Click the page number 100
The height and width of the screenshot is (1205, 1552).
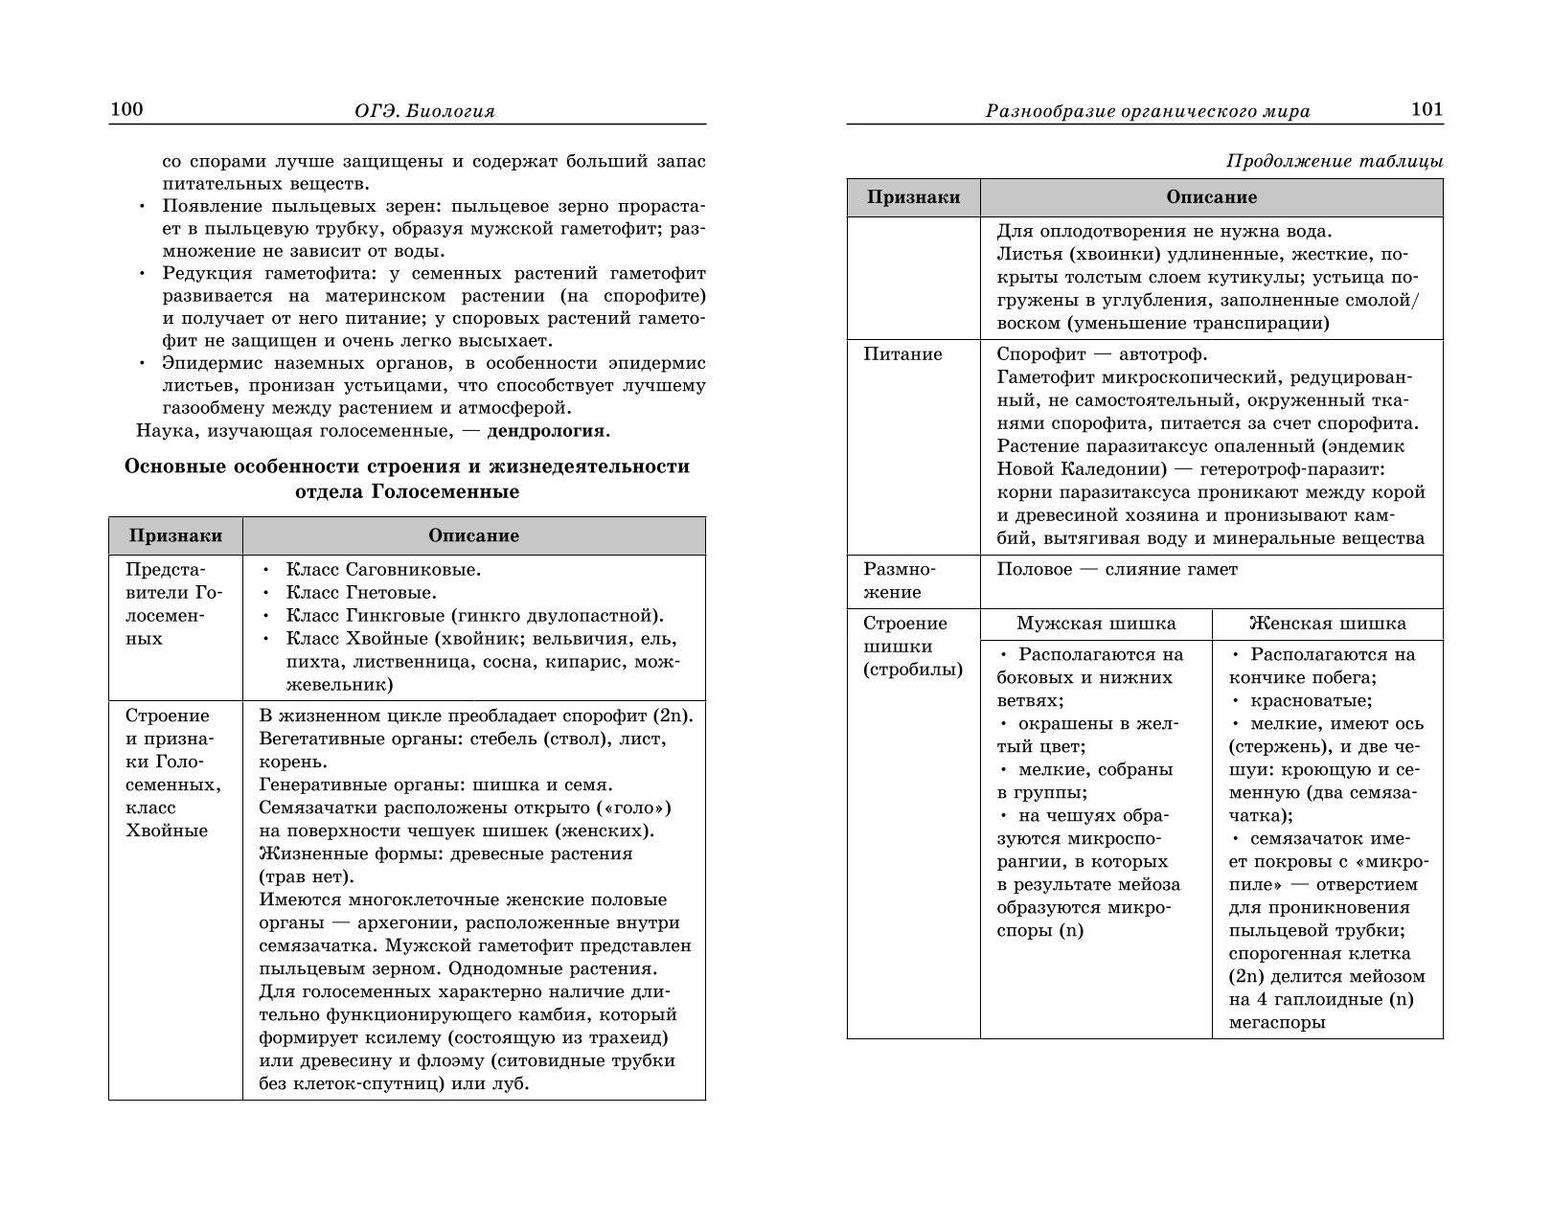pos(126,109)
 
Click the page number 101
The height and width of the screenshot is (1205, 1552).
pos(1426,109)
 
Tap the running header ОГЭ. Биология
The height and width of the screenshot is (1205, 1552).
pos(424,111)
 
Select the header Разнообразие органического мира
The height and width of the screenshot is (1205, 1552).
pos(1148,111)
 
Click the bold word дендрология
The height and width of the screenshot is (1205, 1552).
pos(546,430)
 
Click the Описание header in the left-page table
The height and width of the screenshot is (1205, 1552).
pos(473,535)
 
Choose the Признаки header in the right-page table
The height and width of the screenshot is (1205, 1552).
pos(913,197)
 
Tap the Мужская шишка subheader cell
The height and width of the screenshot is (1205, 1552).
pos(1096,624)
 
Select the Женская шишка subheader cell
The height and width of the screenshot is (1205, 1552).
pos(1327,624)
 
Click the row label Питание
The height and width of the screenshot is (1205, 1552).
pos(902,354)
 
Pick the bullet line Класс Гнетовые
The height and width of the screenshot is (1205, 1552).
pos(361,593)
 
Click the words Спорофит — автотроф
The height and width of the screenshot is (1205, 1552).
pos(1102,354)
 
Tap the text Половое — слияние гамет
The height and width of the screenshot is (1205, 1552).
pos(1117,570)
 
